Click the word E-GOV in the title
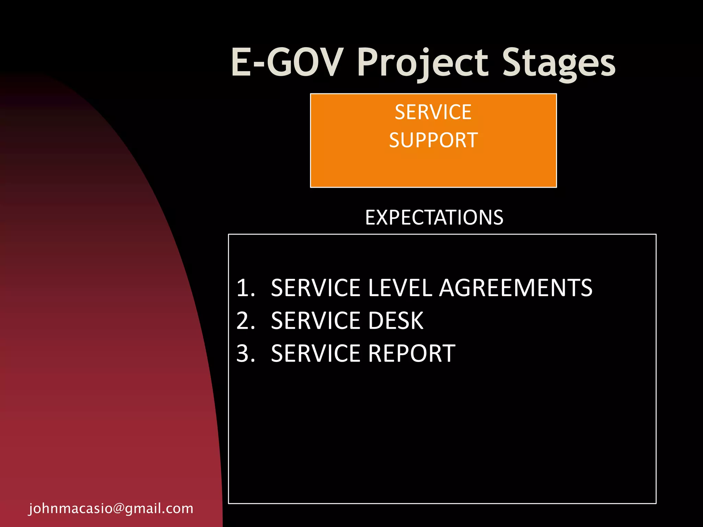(287, 62)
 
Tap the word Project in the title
(422, 63)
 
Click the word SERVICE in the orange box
(433, 112)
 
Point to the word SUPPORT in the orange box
(433, 140)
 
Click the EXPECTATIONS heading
(434, 218)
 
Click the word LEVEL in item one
(400, 288)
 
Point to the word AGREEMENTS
(516, 288)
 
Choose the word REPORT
(412, 353)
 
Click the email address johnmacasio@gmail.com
(111, 508)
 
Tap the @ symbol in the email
(118, 508)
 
